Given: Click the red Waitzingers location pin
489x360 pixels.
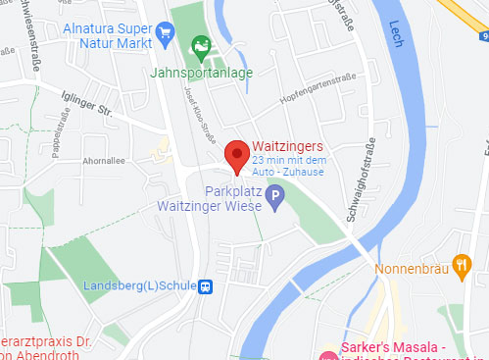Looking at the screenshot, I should click(x=235, y=155).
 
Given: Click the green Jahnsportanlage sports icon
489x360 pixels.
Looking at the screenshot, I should click(x=201, y=45).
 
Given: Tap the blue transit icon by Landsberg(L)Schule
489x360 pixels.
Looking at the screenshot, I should click(x=206, y=286).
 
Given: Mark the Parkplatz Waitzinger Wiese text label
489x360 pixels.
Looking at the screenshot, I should click(x=212, y=199).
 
